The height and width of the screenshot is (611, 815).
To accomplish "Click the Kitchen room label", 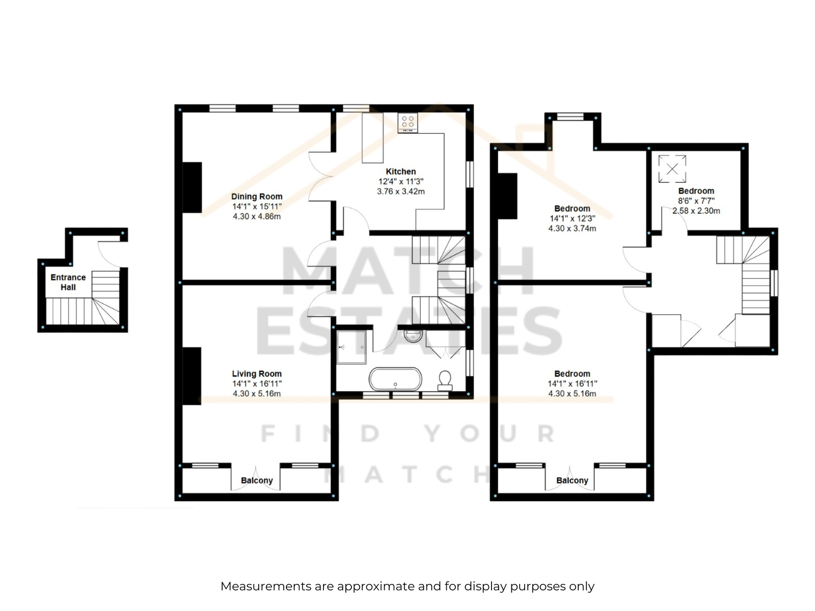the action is [401, 172].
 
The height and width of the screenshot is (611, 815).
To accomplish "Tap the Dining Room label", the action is [257, 196].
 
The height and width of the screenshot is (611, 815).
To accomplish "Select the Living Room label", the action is [257, 374].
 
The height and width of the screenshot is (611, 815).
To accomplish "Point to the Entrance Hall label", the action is [68, 282].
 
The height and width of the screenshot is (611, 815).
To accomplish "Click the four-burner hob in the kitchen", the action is [407, 122].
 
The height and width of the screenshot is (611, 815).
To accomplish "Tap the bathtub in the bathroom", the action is [395, 379].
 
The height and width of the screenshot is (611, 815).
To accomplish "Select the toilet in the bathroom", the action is [445, 381].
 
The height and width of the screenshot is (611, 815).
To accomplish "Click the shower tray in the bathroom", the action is [351, 347].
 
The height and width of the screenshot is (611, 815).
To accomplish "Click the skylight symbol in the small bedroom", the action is [672, 169].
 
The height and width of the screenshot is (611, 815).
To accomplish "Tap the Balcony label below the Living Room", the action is [257, 481].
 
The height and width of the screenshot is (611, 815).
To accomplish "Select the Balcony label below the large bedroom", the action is [572, 481].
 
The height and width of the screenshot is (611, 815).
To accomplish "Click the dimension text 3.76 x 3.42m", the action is [401, 191].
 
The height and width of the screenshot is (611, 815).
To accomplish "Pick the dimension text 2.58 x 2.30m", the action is [696, 211].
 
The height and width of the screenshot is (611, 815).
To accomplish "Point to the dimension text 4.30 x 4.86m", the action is [257, 216].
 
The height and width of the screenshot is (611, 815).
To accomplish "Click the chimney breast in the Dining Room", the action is [193, 187].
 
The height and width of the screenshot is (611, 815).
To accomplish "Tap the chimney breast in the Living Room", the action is [192, 376].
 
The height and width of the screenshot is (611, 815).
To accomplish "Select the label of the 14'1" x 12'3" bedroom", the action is [572, 208].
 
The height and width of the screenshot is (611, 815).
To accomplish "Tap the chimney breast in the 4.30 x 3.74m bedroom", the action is [507, 196].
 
